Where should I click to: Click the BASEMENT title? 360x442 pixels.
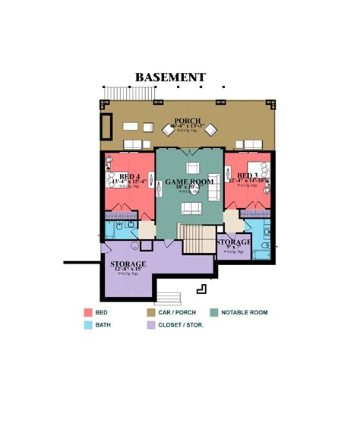(x=170, y=77)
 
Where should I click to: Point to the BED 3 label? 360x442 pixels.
(x=248, y=175)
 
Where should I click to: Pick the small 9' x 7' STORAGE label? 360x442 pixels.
(x=233, y=242)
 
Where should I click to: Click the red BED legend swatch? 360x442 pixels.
(x=88, y=312)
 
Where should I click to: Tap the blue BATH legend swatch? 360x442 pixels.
(x=88, y=324)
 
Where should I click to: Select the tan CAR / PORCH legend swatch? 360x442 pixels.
(x=151, y=312)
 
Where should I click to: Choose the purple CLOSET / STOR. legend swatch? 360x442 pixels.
(x=151, y=324)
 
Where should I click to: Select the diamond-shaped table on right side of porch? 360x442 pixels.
(x=210, y=129)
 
